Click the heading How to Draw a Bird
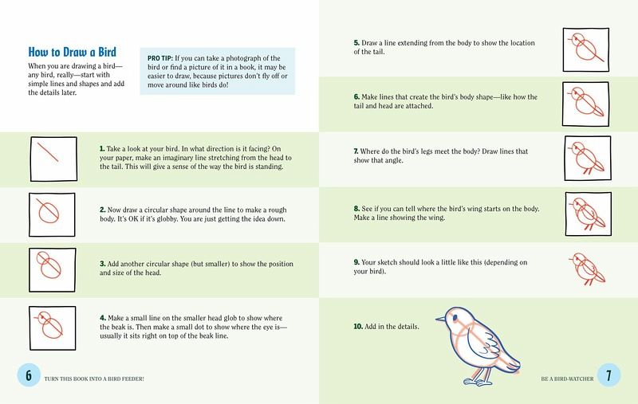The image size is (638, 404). tap(72, 52)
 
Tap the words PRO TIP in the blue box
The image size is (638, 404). tap(160, 58)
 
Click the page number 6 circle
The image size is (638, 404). tap(29, 375)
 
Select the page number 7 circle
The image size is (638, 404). tap(608, 375)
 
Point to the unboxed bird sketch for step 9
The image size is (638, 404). tap(587, 269)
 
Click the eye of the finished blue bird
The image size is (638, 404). tap(455, 317)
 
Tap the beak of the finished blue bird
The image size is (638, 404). tap(440, 319)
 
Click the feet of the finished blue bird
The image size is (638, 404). tap(478, 381)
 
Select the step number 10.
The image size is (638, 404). tap(358, 327)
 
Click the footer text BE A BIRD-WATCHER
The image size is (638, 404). tap(567, 379)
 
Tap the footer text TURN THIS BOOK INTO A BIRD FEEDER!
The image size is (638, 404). tap(94, 379)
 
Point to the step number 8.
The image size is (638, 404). tap(356, 209)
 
